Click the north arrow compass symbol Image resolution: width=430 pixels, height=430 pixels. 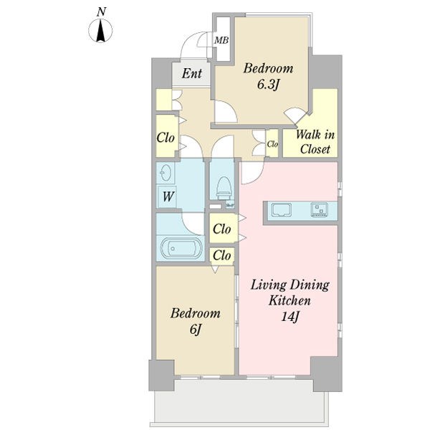click(100, 31)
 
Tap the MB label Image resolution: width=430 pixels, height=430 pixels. click(221, 40)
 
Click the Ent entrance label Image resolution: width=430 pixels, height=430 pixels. click(191, 73)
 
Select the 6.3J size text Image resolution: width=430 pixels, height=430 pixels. click(268, 85)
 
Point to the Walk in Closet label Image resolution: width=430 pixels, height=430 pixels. click(315, 142)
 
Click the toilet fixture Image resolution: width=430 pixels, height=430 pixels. click(223, 188)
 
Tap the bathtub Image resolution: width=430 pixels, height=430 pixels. click(181, 248)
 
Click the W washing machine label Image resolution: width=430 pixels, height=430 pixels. click(168, 196)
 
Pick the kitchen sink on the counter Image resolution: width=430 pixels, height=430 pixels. click(281, 210)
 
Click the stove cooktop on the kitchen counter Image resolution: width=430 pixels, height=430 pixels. click(320, 210)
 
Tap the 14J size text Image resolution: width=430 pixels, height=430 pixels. click(290, 317)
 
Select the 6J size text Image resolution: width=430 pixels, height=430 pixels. click(195, 330)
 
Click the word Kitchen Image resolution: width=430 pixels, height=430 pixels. click(290, 300)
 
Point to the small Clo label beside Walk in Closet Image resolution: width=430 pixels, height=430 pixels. click(272, 144)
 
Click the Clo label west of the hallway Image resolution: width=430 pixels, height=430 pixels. click(166, 137)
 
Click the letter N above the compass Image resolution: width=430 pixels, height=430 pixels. click(101, 11)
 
